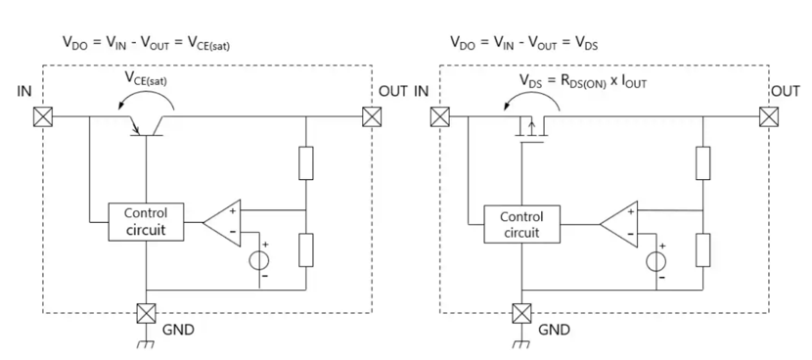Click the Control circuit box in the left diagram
click(145, 222)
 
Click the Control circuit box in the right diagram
click(521, 225)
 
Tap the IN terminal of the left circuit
click(42, 116)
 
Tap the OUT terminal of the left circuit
click(371, 116)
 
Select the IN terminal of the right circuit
click(440, 116)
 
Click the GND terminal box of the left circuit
click(146, 315)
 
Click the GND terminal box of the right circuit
click(519, 315)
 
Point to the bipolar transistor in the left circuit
click(146, 121)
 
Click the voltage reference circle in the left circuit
click(260, 261)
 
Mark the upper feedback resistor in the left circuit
click(307, 162)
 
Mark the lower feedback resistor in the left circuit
click(307, 249)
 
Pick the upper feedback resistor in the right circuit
click(703, 162)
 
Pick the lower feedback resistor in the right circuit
click(703, 249)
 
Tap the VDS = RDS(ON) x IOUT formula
click(582, 82)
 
